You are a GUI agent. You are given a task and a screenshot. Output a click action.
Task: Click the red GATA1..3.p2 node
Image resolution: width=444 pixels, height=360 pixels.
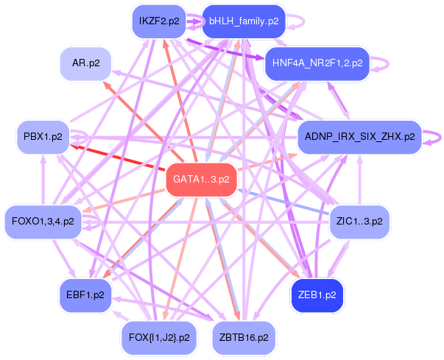(x=201, y=179)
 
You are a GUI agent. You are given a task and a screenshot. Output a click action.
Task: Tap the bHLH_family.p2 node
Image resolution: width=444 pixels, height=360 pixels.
(x=243, y=21)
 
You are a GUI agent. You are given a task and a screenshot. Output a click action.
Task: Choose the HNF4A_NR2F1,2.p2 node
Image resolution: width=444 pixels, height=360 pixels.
(x=316, y=63)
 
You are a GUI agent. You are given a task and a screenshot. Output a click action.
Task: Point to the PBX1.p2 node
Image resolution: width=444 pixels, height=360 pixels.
(x=42, y=137)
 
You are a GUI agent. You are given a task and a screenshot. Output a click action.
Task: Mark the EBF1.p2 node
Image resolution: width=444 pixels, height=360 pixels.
(x=85, y=295)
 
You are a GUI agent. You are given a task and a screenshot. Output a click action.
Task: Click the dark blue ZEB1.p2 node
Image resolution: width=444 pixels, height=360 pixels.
(x=317, y=294)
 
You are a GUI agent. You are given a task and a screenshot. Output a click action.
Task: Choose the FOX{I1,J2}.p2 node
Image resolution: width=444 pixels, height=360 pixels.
(x=159, y=337)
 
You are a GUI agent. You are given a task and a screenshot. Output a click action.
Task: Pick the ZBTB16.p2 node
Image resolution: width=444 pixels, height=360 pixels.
(x=244, y=337)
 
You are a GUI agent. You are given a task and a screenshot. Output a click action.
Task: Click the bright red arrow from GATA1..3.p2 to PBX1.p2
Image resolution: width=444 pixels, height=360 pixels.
(x=118, y=155)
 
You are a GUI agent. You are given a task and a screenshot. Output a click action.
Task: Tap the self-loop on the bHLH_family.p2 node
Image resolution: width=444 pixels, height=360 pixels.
(x=298, y=21)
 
